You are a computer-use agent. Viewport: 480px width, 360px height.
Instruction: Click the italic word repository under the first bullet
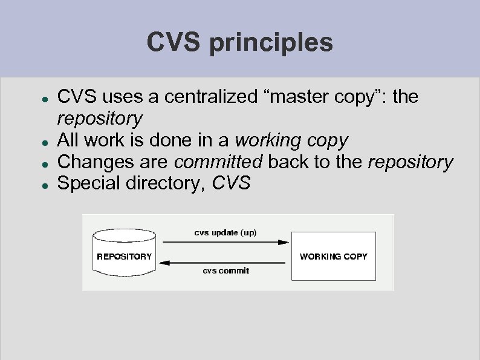99,118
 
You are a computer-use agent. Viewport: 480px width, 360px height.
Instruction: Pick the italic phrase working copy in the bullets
291,140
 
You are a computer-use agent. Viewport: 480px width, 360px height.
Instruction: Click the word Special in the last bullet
89,183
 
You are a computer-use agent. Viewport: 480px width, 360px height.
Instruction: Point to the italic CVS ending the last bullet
231,183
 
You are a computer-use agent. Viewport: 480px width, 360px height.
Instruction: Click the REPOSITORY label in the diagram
125,257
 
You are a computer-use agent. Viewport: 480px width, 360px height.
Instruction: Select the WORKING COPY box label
333,257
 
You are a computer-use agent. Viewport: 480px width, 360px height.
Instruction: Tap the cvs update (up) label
225,232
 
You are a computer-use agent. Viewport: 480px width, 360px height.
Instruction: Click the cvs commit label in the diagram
225,270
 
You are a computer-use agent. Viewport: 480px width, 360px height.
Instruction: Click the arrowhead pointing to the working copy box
284,242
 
